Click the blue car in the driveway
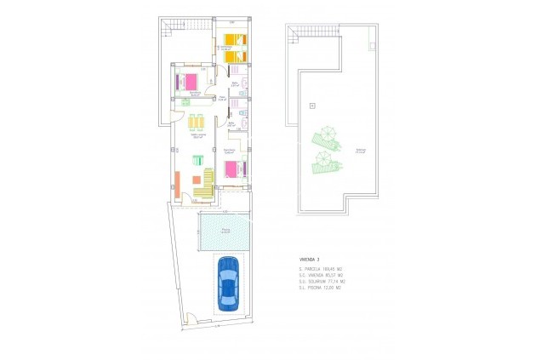pos(228,282)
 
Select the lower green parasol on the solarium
pos(322,160)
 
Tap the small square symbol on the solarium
pos(312,105)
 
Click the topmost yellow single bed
pos(231,38)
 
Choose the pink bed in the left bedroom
pos(189,83)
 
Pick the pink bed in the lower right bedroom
pos(232,169)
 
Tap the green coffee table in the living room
pos(197,160)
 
